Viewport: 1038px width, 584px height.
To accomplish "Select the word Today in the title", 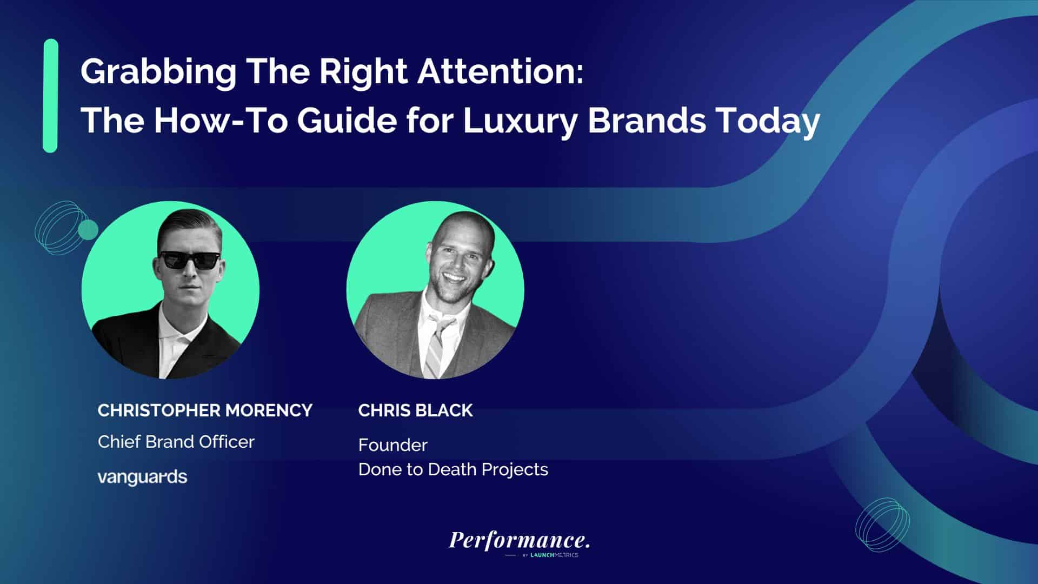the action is click(x=768, y=120).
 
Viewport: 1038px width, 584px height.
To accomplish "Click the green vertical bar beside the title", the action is click(x=50, y=96).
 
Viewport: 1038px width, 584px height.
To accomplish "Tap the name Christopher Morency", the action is click(x=205, y=410).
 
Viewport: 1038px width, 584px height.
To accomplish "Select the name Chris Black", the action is click(x=415, y=410).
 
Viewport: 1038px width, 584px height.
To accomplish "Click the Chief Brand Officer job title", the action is click(x=176, y=442).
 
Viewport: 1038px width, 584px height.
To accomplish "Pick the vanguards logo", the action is click(x=142, y=477).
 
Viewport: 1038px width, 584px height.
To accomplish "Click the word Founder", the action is click(x=393, y=445).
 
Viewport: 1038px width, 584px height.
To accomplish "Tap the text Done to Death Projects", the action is click(x=453, y=469).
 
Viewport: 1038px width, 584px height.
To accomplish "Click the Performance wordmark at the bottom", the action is click(x=519, y=540).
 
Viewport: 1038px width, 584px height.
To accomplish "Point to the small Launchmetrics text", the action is click(x=554, y=555).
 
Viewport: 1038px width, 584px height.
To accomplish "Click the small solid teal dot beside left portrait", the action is click(x=88, y=230).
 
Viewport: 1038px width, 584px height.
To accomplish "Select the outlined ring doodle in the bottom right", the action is click(x=882, y=525).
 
